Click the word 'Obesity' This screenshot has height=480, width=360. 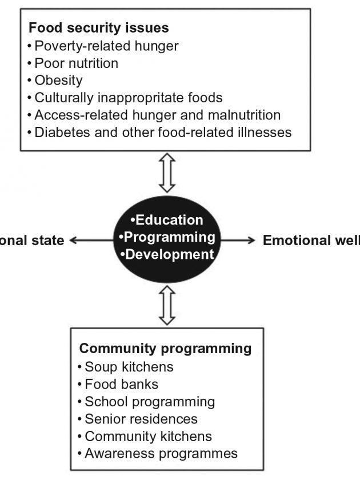(x=58, y=81)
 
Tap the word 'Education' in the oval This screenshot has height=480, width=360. (x=169, y=220)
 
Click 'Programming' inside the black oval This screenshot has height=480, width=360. (x=169, y=237)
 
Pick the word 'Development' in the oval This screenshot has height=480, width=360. (x=169, y=254)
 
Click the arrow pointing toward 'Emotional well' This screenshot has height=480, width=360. (x=237, y=241)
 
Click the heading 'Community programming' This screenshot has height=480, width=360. (x=166, y=348)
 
